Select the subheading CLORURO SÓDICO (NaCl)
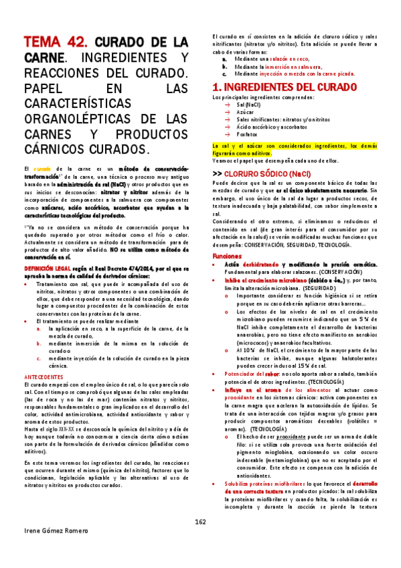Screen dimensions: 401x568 pos(267,155)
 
